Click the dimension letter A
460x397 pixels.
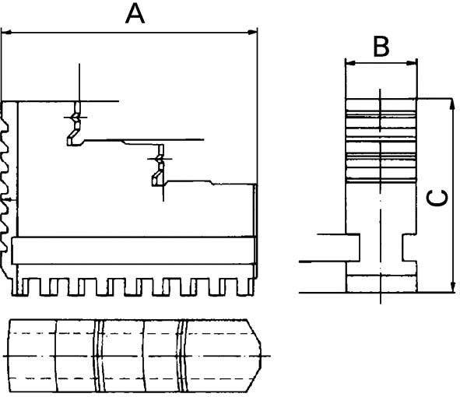(135, 14)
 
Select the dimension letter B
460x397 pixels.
(381, 47)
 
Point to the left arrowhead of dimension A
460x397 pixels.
(7, 33)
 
